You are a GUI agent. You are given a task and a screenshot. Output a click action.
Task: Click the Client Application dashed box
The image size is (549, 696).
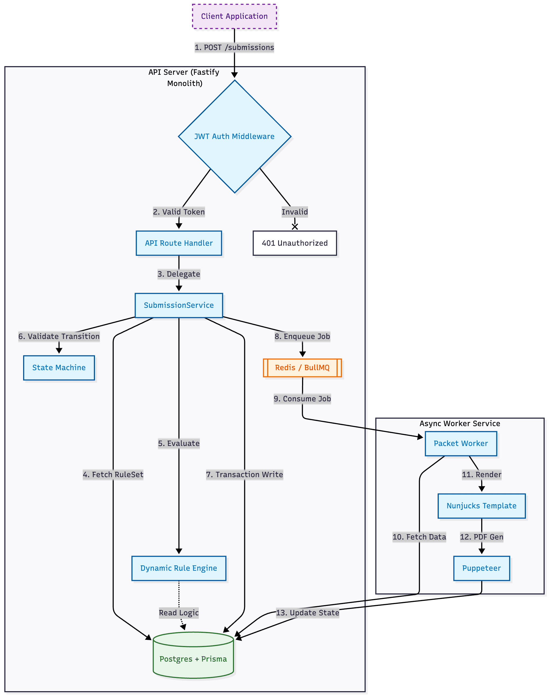234,16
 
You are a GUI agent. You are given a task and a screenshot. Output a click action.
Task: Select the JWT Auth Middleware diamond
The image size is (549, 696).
234,137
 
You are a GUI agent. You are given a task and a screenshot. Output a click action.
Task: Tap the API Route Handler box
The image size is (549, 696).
179,243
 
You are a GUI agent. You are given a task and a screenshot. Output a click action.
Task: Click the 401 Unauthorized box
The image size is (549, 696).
295,243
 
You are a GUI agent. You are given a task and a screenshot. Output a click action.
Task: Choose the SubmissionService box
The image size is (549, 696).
179,305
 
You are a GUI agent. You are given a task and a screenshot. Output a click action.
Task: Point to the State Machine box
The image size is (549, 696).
59,367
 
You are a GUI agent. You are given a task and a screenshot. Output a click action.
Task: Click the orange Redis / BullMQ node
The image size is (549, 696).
302,367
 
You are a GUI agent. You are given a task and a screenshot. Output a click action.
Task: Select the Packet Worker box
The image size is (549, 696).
461,443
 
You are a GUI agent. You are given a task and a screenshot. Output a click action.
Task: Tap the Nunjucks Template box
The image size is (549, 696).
481,506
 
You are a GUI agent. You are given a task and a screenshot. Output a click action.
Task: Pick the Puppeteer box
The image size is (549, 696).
481,568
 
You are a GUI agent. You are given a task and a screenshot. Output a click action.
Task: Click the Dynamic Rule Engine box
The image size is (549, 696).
179,568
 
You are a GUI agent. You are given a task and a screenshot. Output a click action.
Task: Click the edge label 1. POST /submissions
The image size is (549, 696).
234,48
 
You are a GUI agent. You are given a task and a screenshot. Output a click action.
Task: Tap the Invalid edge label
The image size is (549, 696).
295,212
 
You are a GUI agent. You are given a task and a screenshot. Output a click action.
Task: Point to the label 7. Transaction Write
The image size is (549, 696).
244,474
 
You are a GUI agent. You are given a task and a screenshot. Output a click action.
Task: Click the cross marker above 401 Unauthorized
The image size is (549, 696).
295,227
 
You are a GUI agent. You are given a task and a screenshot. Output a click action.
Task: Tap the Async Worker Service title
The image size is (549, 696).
460,423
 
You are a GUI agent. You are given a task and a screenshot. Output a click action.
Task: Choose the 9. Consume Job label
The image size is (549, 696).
302,399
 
